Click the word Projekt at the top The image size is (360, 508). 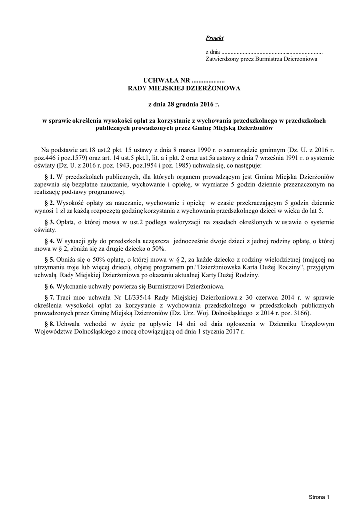[215, 38]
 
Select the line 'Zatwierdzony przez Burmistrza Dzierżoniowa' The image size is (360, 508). [261, 59]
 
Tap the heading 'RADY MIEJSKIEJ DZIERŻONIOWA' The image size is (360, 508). [184, 88]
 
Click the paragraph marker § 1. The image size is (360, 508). [49, 177]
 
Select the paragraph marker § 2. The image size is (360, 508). [49, 203]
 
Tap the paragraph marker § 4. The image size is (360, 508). [49, 240]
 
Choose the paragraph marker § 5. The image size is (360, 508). [49, 259]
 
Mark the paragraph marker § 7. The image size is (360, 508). [49, 297]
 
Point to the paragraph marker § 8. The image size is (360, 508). [49, 323]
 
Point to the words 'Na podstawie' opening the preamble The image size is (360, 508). [59, 149]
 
